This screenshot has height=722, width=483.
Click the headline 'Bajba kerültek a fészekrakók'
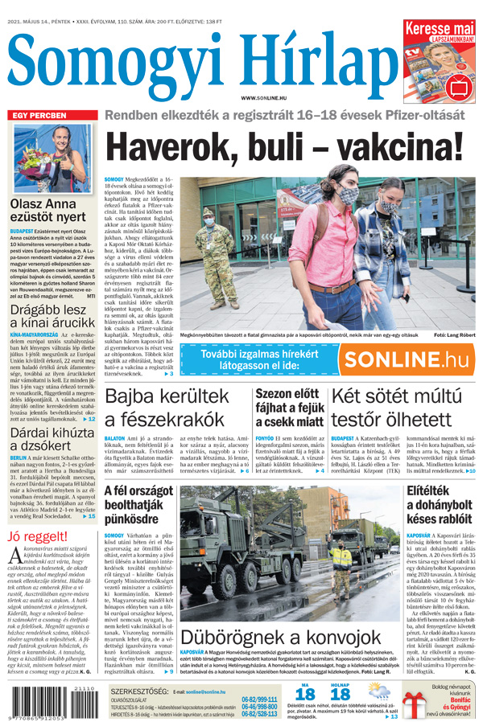pos(171,407)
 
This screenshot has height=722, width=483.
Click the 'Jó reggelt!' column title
pos(39,536)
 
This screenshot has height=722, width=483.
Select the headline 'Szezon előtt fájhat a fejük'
pos(289,407)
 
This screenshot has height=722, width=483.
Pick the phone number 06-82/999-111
pos(259,699)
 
